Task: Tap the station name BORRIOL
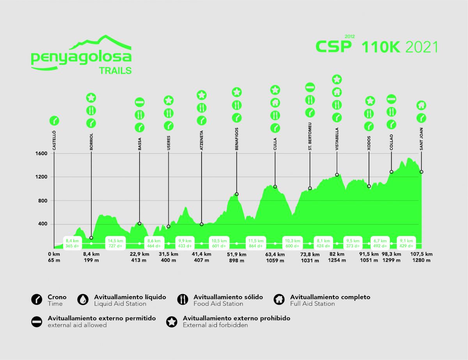(91, 142)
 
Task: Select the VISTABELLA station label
(337, 139)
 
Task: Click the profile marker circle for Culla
(275, 187)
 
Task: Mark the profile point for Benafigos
(237, 194)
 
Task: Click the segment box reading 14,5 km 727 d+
(116, 243)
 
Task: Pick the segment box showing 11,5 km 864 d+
(256, 243)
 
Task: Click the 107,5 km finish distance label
(421, 254)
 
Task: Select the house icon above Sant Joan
(421, 105)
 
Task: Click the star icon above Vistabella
(337, 79)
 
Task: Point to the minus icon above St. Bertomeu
(310, 87)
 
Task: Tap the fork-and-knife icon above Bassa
(140, 115)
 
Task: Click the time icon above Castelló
(54, 121)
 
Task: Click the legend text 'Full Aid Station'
(312, 304)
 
